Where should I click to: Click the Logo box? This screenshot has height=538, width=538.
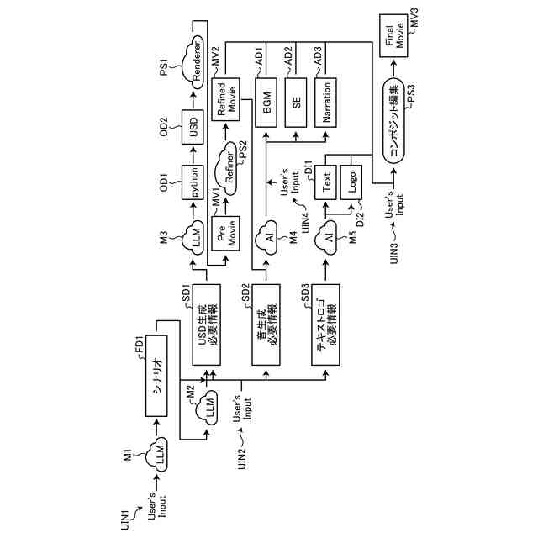click(355, 179)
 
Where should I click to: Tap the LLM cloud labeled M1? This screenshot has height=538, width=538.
click(158, 455)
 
